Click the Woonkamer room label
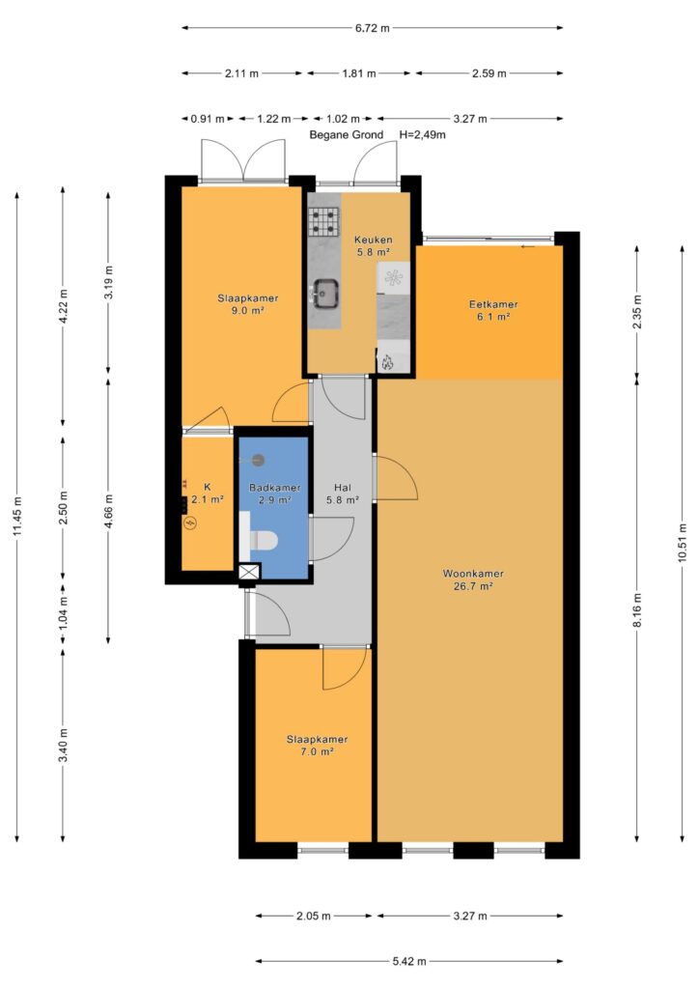coord(473,574)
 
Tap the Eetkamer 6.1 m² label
coord(493,310)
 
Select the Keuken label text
coord(373,240)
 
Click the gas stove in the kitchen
coord(324,221)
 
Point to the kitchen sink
coord(325,294)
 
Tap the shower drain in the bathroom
coord(259,460)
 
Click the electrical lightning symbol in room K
coord(190,523)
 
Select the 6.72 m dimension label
coord(373,28)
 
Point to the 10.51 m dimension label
coord(682,544)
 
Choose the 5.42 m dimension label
coord(409,961)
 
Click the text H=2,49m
coord(422,134)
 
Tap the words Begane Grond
coord(346,134)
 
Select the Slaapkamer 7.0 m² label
coord(317,745)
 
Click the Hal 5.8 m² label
coord(342,494)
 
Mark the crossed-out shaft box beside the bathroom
coord(250,572)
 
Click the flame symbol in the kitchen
coord(386,362)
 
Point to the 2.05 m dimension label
coord(313,916)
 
